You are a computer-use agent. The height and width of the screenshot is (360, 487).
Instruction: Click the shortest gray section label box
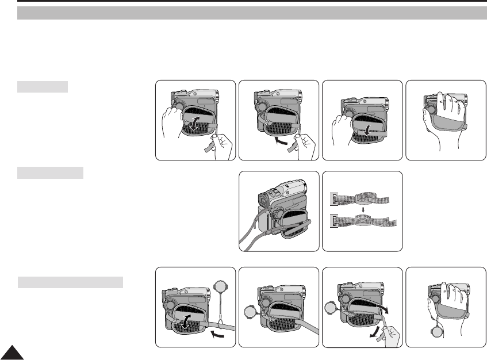[x=43, y=87]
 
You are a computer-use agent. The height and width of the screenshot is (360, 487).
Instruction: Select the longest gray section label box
[x=70, y=282]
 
